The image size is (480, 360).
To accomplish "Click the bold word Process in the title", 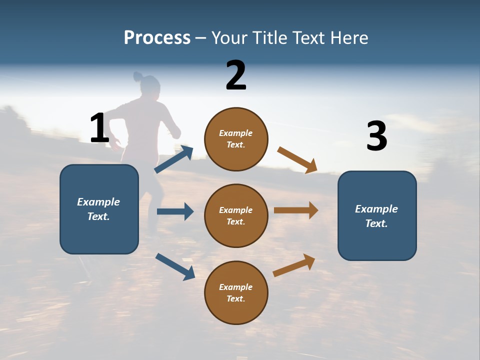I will (x=157, y=38).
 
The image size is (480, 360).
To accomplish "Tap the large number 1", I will (x=99, y=128).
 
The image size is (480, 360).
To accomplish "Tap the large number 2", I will (x=236, y=75).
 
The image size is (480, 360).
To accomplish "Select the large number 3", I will (x=376, y=136).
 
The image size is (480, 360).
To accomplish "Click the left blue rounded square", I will (x=99, y=209).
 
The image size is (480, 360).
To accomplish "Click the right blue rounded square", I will (x=377, y=215).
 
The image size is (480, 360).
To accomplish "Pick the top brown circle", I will (x=236, y=139).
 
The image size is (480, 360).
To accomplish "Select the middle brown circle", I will (x=236, y=215).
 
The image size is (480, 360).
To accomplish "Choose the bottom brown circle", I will (x=236, y=292).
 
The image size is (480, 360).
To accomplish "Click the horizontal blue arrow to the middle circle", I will (x=175, y=211).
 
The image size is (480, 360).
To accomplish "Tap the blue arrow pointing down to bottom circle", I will (x=175, y=266).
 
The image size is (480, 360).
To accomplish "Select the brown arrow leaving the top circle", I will (x=297, y=160).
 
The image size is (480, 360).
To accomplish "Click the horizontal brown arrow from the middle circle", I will (x=296, y=210).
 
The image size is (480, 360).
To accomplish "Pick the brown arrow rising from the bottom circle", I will (x=294, y=265).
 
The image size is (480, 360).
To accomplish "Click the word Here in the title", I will (x=349, y=38).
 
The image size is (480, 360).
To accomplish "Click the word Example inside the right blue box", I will (x=376, y=209).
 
